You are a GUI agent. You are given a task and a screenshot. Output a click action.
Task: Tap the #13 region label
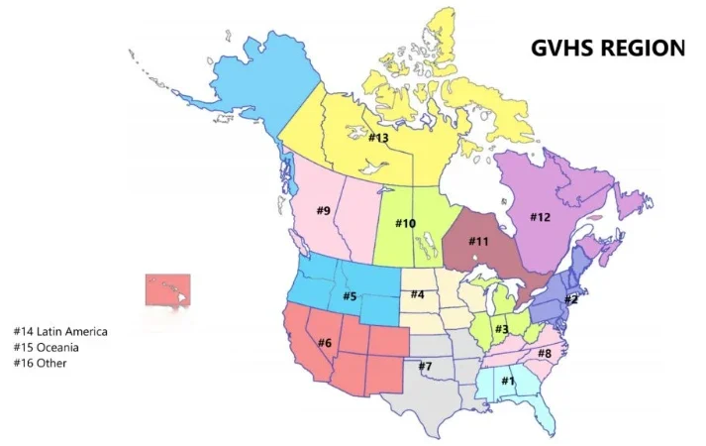(378, 138)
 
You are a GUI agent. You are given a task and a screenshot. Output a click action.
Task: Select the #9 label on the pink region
(323, 210)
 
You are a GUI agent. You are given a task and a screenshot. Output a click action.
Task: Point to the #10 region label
(406, 223)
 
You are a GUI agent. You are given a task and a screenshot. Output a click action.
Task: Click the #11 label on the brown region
(478, 241)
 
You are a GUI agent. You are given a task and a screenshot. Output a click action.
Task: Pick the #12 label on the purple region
(540, 217)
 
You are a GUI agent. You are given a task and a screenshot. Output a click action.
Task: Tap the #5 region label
(350, 295)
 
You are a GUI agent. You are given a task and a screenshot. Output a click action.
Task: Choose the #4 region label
(418, 294)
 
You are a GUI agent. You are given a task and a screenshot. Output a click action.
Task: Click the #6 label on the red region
(324, 342)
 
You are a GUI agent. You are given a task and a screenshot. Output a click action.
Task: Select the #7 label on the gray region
(425, 367)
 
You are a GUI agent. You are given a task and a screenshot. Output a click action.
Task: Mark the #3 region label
(502, 329)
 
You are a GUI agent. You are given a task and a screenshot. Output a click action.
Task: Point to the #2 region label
(570, 298)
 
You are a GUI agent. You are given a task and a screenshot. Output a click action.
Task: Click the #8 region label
(545, 353)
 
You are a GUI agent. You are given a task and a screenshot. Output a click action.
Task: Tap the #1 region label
(508, 380)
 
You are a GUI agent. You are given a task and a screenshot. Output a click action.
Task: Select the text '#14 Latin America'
(60, 331)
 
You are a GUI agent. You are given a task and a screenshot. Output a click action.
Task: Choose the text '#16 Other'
(41, 363)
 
